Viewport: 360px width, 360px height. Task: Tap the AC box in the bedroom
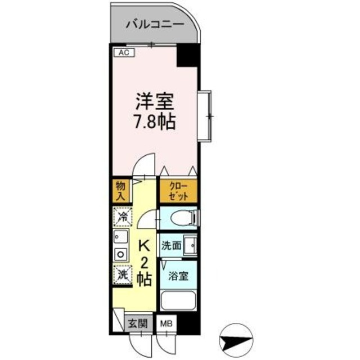tap(124, 53)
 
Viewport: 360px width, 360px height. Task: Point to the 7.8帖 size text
tap(154, 121)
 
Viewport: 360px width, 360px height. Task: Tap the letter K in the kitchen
tap(144, 246)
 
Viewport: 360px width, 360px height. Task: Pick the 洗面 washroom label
tap(171, 246)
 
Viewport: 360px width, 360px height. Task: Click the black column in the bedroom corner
tap(188, 57)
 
